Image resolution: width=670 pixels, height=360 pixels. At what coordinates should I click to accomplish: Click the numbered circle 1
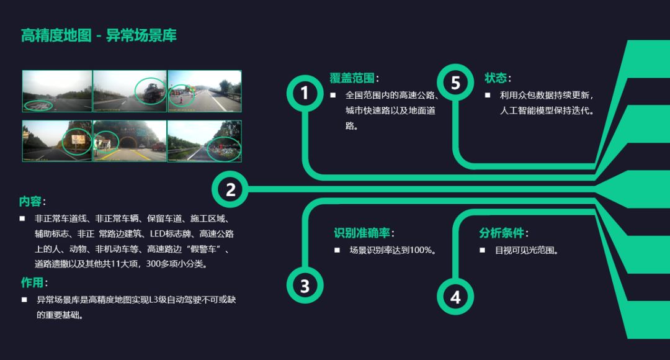tap(305, 93)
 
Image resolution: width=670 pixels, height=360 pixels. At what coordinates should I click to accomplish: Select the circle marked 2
tap(230, 189)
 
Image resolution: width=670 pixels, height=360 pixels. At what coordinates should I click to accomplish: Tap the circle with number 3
tap(305, 286)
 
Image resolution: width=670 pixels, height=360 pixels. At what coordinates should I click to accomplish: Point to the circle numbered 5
tap(455, 83)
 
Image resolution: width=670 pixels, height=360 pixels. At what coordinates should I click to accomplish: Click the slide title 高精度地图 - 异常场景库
tap(99, 35)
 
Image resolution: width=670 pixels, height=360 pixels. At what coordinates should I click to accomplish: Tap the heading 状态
tap(496, 78)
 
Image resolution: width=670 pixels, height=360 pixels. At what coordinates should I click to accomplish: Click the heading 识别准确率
tap(362, 233)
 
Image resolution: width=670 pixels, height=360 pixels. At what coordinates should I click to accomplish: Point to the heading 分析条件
tap(502, 233)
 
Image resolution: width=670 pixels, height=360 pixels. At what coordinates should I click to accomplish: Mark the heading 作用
tap(33, 283)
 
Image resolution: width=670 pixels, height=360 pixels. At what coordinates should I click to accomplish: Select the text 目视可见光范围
tap(527, 250)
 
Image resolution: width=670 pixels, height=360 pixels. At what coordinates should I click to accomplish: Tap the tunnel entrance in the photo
tap(129, 142)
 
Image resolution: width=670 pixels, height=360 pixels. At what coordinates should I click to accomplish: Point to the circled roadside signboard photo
tap(78, 141)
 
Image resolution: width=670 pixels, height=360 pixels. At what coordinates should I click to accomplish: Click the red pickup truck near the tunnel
tap(159, 147)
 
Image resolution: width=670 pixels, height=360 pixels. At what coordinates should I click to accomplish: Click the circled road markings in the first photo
tap(38, 106)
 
